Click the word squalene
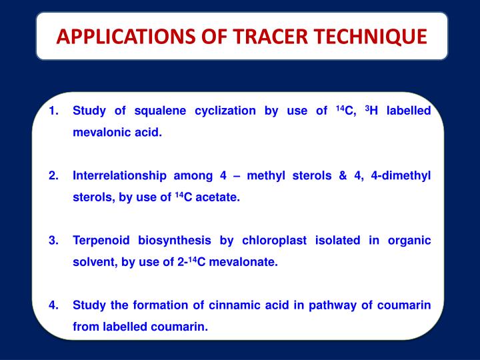(159, 111)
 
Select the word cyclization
(223, 111)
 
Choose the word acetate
(216, 198)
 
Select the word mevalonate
(243, 262)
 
